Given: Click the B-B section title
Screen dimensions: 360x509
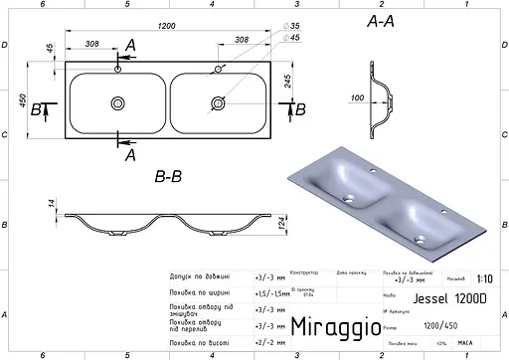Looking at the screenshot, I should click(167, 177).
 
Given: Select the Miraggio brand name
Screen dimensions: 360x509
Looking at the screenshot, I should click(334, 325).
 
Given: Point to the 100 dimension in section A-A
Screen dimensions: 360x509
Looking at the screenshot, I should click(358, 97).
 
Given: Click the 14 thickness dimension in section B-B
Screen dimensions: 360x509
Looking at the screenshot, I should click(49, 206).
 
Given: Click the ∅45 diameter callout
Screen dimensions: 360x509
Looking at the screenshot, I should click(289, 38).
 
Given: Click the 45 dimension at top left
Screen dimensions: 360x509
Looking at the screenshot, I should click(49, 48).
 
